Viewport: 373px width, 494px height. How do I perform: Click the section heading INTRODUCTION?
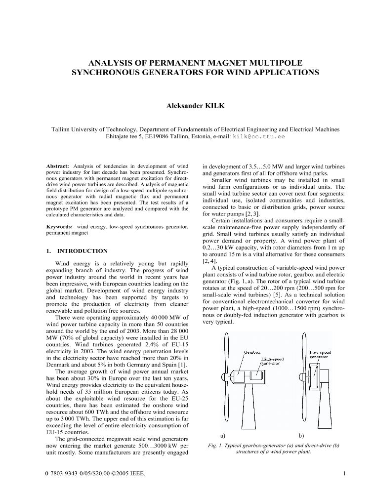82,251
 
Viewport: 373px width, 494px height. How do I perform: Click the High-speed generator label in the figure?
273,361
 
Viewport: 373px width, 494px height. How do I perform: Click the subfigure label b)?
302,436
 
